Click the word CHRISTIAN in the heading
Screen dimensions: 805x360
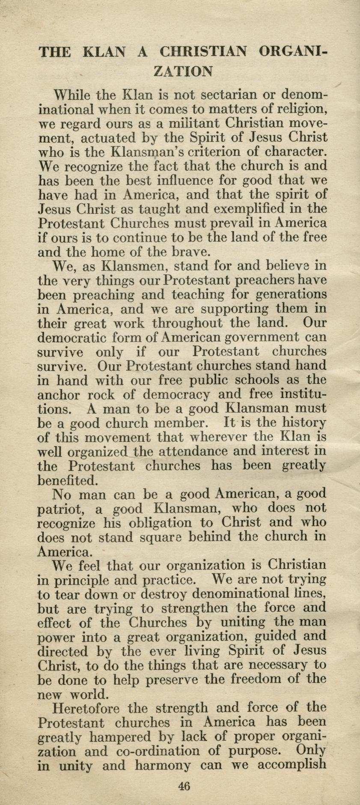tap(203, 52)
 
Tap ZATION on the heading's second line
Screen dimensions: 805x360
tap(183, 71)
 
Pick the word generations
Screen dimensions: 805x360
tap(283, 294)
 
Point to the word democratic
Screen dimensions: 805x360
tap(68, 337)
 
